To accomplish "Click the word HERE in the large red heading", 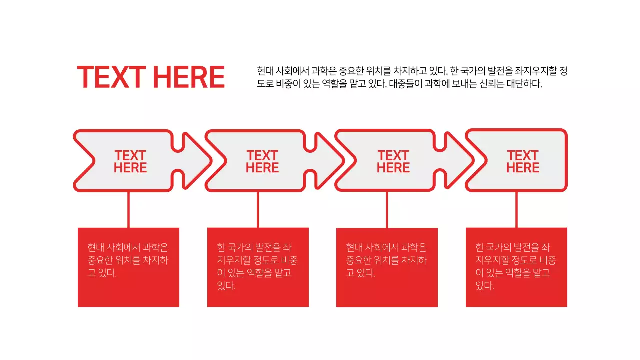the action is pyautogui.click(x=188, y=77).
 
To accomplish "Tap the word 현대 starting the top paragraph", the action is pyautogui.click(x=265, y=71).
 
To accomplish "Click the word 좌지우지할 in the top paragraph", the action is pyautogui.click(x=537, y=71).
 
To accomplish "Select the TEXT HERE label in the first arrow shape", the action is pyautogui.click(x=130, y=162).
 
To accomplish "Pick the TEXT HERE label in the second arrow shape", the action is pyautogui.click(x=262, y=162).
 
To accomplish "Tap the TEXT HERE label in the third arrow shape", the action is pyautogui.click(x=393, y=162).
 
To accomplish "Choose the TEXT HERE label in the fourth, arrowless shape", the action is pyautogui.click(x=523, y=162).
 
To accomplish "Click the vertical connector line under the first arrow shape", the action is pyautogui.click(x=128, y=210).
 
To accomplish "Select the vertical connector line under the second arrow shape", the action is pyautogui.click(x=258, y=210).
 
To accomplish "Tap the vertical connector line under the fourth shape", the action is pyautogui.click(x=516, y=210).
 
